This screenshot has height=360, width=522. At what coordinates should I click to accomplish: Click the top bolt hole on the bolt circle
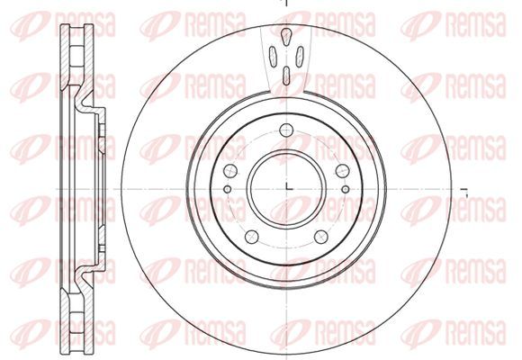coord(286,130)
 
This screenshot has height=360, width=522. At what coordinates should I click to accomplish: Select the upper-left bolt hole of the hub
coord(230,171)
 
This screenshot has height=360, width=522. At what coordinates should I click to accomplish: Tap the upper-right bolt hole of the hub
coord(342,171)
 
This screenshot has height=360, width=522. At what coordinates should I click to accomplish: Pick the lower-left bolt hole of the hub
coord(252,237)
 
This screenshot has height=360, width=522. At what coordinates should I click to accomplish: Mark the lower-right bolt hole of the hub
coord(321,237)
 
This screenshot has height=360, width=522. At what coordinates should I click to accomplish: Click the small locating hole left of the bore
coord(228,189)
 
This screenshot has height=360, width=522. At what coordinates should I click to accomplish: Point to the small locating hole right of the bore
coord(346,189)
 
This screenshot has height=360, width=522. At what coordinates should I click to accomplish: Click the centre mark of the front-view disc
coord(289,187)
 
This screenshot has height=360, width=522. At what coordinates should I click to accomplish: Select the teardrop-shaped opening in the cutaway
coord(286,36)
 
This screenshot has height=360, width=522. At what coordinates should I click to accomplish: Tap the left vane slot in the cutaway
coord(273,57)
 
